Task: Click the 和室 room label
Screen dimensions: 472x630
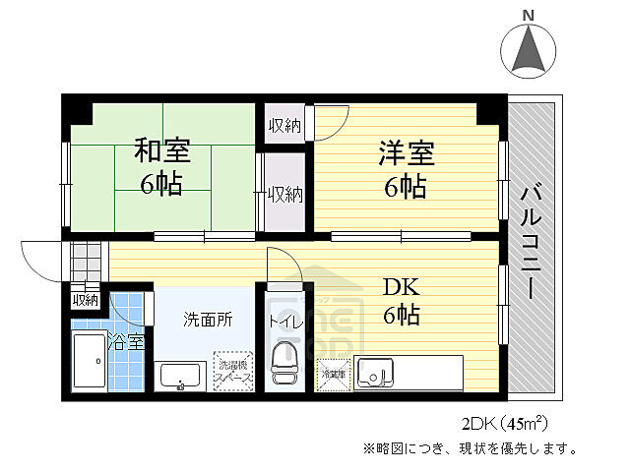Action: pos(162,151)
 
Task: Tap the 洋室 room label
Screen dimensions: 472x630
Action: pos(406,153)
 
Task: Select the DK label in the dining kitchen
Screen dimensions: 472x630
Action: pos(402,286)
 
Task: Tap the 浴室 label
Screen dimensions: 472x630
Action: pos(126,342)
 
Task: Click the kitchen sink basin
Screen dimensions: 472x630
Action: pos(376,373)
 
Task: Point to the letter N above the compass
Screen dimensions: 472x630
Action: pos(529,15)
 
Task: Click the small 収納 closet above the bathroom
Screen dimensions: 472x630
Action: pos(85,300)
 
